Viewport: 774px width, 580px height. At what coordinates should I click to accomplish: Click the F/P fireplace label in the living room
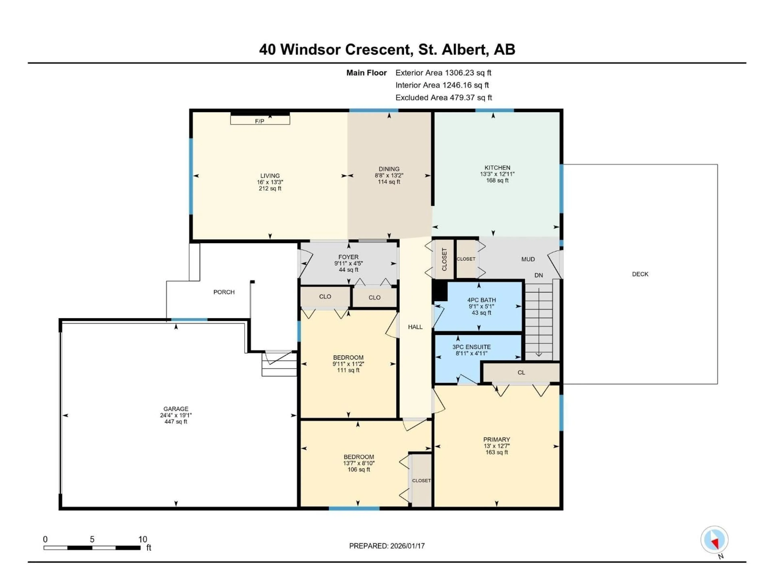click(259, 121)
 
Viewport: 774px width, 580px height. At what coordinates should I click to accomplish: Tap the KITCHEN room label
click(497, 168)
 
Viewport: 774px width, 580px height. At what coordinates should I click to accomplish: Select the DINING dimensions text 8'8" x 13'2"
click(389, 175)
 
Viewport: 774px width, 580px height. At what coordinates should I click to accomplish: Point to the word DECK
click(640, 274)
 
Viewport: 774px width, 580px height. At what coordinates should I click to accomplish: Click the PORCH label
click(224, 292)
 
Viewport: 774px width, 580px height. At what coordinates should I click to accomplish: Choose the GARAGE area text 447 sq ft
click(176, 422)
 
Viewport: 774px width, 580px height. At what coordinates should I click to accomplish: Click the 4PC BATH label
click(482, 300)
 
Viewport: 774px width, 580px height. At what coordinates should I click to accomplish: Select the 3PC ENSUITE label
click(471, 347)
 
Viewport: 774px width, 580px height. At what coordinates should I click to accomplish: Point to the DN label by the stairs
click(539, 275)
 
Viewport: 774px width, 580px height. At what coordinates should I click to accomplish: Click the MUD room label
click(528, 259)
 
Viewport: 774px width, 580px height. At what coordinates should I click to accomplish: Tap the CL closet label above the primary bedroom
click(521, 372)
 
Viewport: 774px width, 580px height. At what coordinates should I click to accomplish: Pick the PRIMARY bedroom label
click(496, 439)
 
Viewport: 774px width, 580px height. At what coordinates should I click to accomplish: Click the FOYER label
click(348, 257)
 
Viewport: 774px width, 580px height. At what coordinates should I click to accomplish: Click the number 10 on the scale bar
click(143, 539)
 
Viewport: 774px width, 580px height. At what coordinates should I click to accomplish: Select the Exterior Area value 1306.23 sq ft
click(468, 73)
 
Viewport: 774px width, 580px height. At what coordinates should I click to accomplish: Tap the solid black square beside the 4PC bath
click(440, 291)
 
